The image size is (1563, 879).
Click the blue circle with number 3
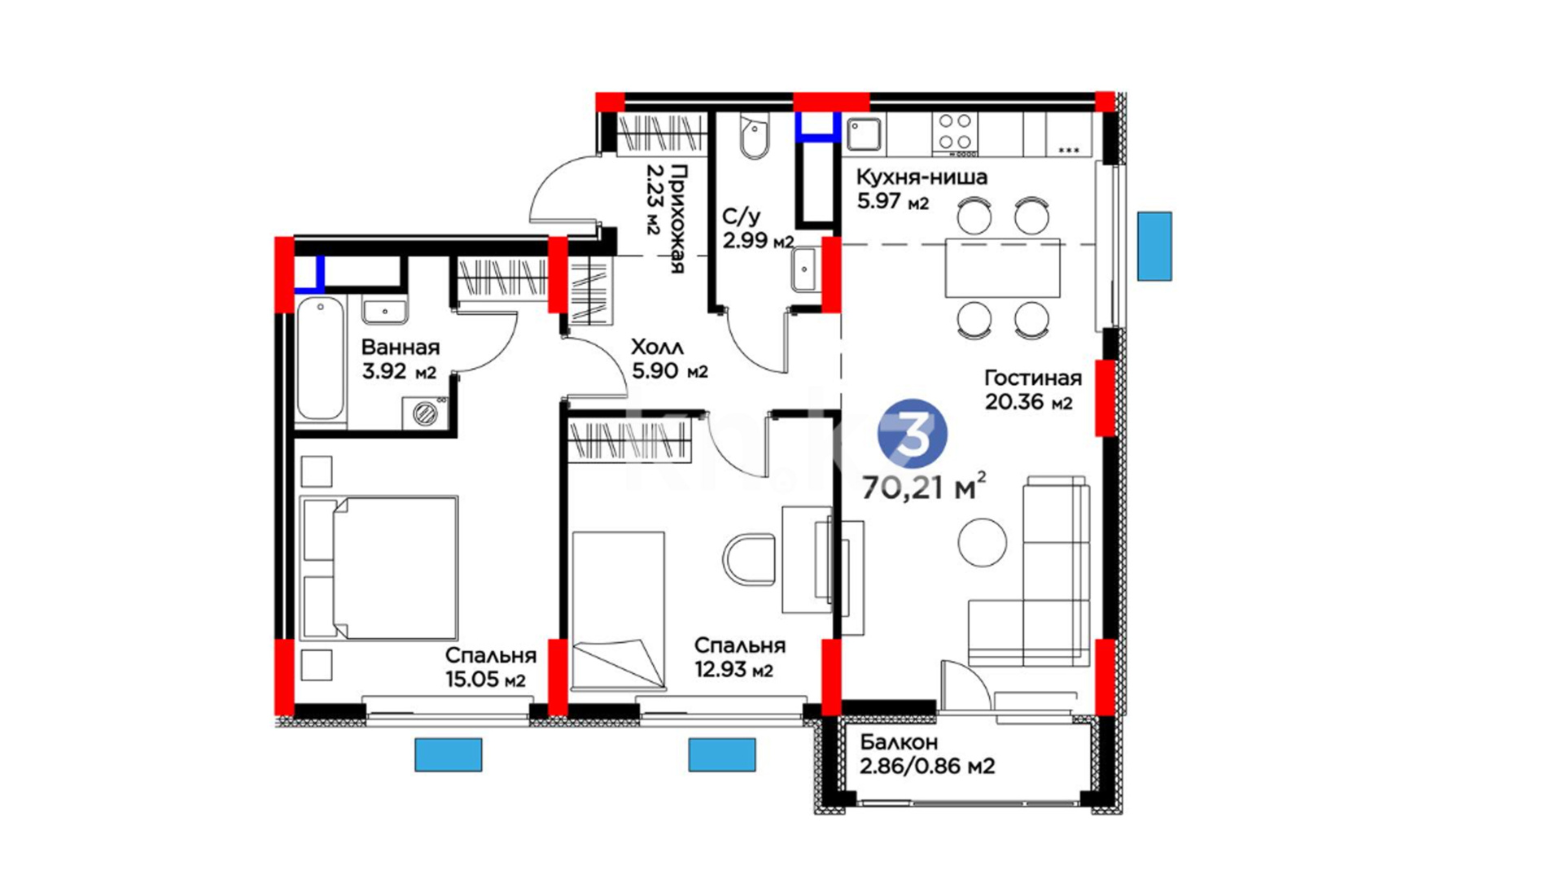912,434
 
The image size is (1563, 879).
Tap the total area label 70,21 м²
924,487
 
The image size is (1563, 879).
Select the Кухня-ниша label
922,177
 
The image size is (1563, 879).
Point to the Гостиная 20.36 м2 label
1033,390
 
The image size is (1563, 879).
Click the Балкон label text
899,742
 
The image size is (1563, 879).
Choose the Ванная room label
400,347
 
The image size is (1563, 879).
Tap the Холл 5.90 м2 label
669,359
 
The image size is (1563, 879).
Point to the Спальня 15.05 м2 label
490,667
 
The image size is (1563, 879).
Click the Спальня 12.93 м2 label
739,658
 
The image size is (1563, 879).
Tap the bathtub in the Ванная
320,360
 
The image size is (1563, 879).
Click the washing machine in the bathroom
425,413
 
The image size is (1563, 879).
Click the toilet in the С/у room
754,136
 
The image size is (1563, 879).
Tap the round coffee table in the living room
982,542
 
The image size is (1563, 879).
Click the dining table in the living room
1002,268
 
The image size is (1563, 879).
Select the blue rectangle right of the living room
1154,247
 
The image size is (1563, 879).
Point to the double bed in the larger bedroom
379,567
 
